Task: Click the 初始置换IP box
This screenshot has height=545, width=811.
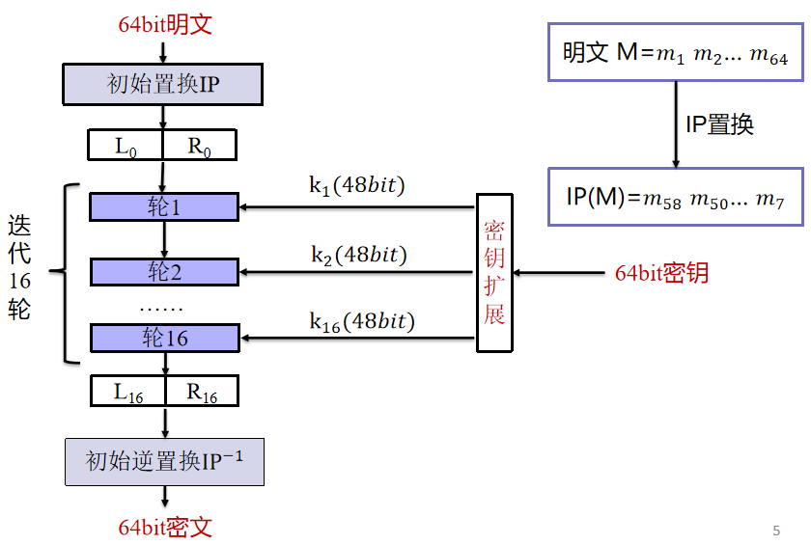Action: click(163, 85)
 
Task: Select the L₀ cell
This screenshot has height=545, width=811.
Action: click(126, 146)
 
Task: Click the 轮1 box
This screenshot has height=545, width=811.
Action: click(164, 206)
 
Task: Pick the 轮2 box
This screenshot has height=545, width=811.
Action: click(164, 272)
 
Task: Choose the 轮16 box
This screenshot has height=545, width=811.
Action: click(164, 338)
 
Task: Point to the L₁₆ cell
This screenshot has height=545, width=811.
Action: click(127, 392)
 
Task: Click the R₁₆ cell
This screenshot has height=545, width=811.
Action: click(202, 392)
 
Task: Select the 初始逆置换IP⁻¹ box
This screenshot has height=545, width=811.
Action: click(164, 461)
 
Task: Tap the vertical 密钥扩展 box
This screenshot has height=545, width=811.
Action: click(494, 272)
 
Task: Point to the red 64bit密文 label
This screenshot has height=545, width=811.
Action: click(165, 527)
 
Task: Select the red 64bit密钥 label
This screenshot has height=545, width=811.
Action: click(662, 273)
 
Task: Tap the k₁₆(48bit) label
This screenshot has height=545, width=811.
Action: click(361, 321)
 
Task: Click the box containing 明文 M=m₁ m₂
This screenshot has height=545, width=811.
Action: click(675, 53)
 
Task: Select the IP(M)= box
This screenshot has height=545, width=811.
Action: click(675, 198)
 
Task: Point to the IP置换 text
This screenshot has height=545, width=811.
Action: click(719, 124)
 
